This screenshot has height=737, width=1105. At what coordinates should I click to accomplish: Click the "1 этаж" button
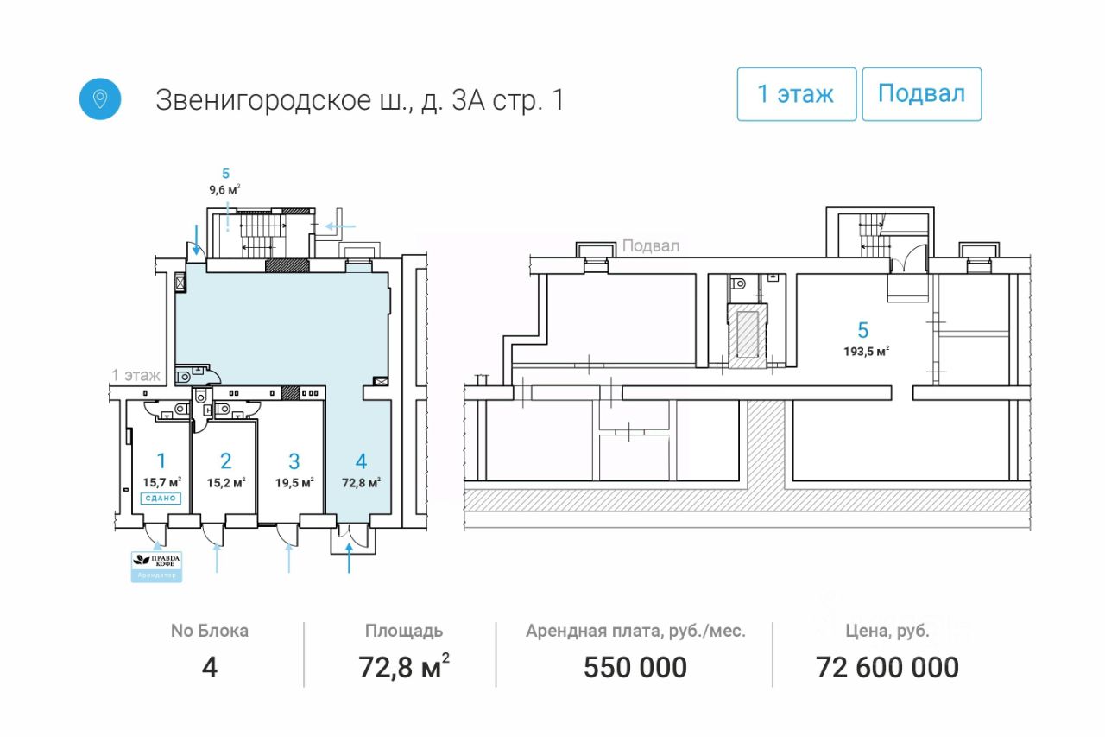pyautogui.click(x=796, y=94)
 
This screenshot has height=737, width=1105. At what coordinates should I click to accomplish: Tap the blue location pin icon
pyautogui.click(x=100, y=98)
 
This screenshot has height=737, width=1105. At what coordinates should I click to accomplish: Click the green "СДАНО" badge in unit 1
pyautogui.click(x=161, y=498)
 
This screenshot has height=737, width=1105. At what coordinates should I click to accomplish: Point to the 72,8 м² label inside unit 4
pyautogui.click(x=361, y=483)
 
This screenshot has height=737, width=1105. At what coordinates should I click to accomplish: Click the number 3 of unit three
pyautogui.click(x=294, y=461)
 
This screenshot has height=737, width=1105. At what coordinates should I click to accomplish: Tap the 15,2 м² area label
pyautogui.click(x=226, y=483)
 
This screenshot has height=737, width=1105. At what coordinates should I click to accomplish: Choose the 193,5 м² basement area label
pyautogui.click(x=866, y=351)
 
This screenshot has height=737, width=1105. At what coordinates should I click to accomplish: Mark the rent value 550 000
pyautogui.click(x=635, y=667)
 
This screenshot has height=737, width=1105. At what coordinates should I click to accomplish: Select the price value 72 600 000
pyautogui.click(x=887, y=667)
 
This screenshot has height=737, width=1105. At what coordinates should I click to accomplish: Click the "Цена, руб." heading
pyautogui.click(x=887, y=631)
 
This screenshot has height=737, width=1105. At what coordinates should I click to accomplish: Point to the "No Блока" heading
pyautogui.click(x=209, y=631)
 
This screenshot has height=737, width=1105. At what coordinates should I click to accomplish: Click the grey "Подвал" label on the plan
pyautogui.click(x=650, y=245)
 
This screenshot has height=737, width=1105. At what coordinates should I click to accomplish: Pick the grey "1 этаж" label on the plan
pyautogui.click(x=136, y=375)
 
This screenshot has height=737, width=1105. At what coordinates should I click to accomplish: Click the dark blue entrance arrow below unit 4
pyautogui.click(x=349, y=562)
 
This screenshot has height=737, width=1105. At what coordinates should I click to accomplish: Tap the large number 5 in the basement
pyautogui.click(x=862, y=329)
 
